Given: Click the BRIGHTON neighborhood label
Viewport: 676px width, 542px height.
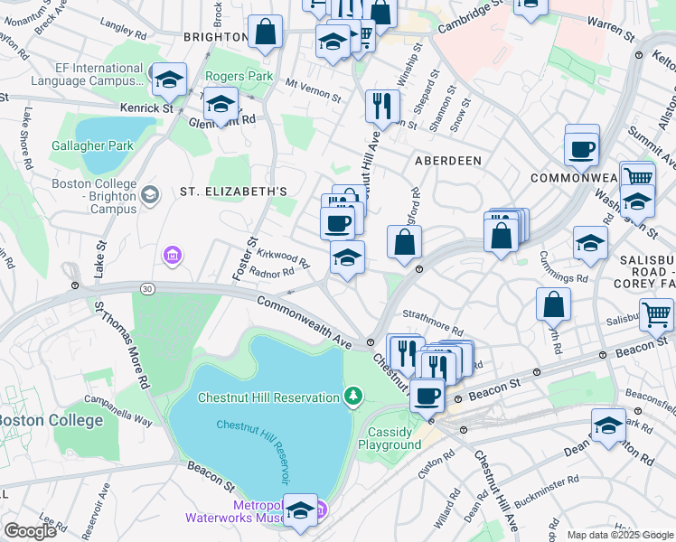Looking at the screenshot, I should click(x=214, y=37).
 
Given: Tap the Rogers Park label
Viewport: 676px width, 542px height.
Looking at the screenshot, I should click(x=239, y=77).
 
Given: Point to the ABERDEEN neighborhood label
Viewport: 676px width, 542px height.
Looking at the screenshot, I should click(x=447, y=160).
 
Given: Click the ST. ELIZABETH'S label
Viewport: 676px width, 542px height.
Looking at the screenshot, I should click(x=233, y=192).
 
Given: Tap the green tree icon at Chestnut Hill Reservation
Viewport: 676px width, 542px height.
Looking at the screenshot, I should click(x=352, y=396).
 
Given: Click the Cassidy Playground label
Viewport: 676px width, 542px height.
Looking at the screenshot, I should click(x=390, y=438).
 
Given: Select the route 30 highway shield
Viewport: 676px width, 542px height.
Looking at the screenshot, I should click(x=146, y=288).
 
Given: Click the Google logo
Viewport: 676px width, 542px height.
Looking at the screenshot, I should click(x=29, y=531).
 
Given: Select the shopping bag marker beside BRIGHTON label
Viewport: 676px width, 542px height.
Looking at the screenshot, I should click(x=266, y=33).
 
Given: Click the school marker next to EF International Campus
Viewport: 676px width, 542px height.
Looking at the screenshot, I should click(x=169, y=80).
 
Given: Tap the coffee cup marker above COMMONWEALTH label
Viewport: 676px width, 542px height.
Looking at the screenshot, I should click(x=581, y=149).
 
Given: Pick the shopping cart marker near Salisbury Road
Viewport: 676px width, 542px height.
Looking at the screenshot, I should click(x=656, y=315).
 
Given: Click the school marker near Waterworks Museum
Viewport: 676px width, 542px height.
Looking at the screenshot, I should click(x=300, y=510).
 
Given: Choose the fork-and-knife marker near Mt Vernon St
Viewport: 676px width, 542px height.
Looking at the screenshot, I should click(x=382, y=106).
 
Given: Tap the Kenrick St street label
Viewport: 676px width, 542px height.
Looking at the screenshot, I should click(x=147, y=108).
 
